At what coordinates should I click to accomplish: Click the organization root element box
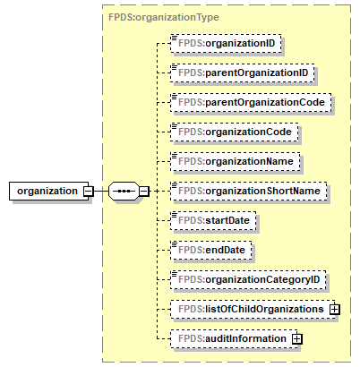click(44, 191)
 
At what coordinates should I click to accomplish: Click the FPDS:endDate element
click(210, 249)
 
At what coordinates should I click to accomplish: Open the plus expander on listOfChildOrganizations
click(336, 309)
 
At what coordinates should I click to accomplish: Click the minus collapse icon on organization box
click(88, 191)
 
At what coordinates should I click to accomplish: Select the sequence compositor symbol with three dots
click(122, 191)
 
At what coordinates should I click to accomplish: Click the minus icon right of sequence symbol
click(143, 191)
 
